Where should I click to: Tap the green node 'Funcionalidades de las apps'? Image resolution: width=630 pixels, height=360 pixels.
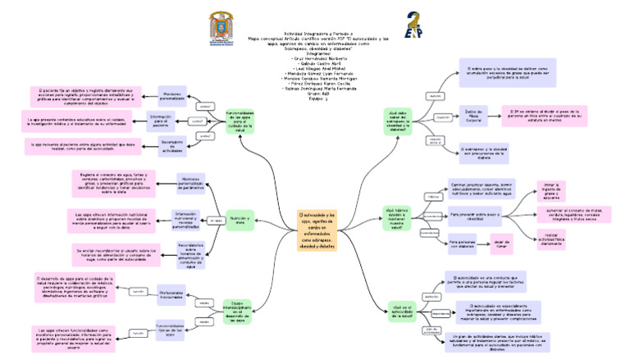coord(240,121)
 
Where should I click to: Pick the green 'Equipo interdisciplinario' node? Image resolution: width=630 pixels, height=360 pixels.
coord(235,312)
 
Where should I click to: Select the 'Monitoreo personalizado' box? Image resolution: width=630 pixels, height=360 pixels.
coord(171,96)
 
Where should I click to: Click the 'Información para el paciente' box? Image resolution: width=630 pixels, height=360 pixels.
coord(160,122)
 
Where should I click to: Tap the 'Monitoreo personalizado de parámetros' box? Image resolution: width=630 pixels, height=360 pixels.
coord(189,182)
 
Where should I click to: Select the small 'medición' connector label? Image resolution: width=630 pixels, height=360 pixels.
coord(443,118)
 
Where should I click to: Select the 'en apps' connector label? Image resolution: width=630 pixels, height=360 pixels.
coord(216,221)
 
